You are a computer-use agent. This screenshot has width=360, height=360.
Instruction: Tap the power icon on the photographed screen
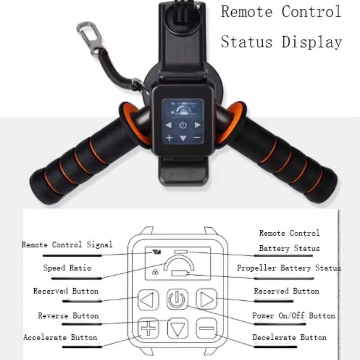tap(183, 125)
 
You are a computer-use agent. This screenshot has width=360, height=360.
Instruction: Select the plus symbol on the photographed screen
tap(169, 138)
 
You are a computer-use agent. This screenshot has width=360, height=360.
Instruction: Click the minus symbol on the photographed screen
tap(197, 137)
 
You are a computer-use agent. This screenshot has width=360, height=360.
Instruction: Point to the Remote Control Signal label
tap(67, 245)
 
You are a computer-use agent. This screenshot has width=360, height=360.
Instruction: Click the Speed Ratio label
tap(67, 268)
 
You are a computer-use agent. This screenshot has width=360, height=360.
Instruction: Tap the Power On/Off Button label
tap(293, 316)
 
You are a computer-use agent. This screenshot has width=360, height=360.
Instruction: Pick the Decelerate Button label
tap(289, 337)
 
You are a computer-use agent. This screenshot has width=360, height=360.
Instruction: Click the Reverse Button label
tap(68, 316)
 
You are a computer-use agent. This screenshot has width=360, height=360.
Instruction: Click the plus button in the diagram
tap(148, 328)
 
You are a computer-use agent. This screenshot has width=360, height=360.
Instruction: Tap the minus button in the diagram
tap(207, 328)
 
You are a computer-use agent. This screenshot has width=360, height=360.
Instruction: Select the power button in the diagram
tap(178, 299)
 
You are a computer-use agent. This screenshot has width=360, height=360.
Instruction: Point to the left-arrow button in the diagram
tap(148, 299)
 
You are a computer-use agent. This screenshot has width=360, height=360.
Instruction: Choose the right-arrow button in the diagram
tap(207, 299)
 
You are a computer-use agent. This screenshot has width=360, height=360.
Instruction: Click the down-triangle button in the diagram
tap(178, 329)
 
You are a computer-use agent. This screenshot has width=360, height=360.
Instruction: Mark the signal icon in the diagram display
tap(156, 252)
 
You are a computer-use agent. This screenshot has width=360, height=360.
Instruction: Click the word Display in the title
tap(312, 42)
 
